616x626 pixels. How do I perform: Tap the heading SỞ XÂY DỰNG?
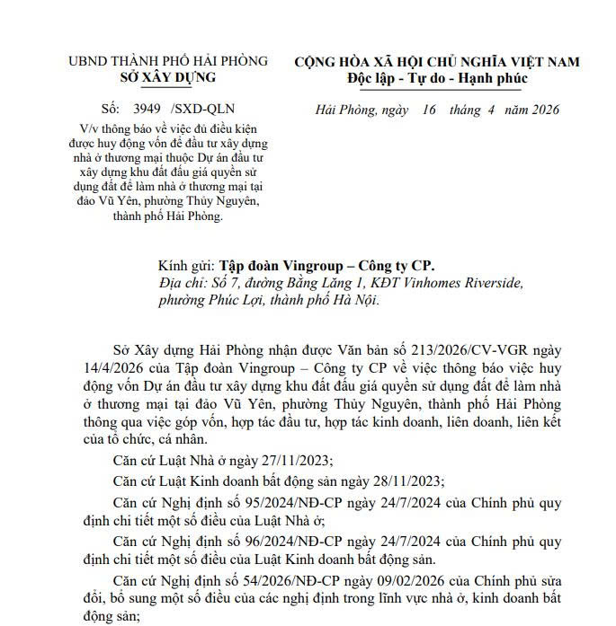point(167,77)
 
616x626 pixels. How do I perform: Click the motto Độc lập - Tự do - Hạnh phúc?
point(437,78)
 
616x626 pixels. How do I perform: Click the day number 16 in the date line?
point(429,110)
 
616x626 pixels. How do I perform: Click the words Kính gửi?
point(185,266)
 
